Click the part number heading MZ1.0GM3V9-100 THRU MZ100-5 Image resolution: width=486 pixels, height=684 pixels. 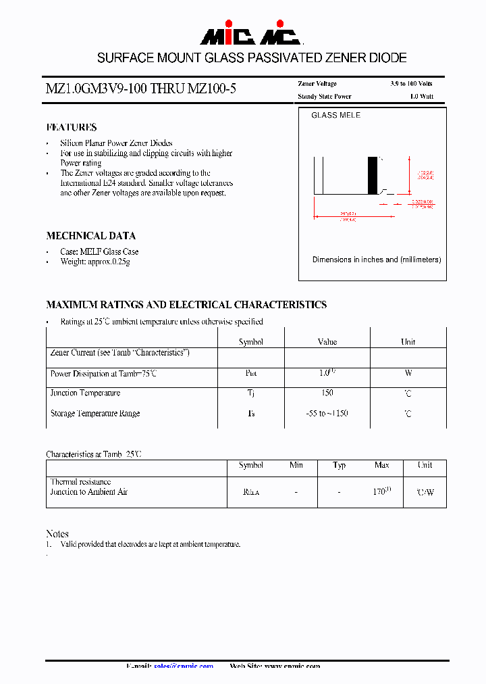pyautogui.click(x=141, y=89)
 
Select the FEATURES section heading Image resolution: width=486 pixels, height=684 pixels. pyautogui.click(x=72, y=127)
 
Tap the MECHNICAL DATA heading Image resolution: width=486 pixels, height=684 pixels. pyautogui.click(x=90, y=236)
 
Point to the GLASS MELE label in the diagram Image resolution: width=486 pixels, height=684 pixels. pyautogui.click(x=335, y=116)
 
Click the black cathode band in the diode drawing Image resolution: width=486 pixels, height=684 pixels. pyautogui.click(x=372, y=176)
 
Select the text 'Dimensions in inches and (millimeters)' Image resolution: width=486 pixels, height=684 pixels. pyautogui.click(x=376, y=260)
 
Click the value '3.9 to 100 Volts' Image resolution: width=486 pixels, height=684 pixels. pyautogui.click(x=411, y=84)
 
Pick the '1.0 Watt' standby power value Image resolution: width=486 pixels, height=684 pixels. pyautogui.click(x=421, y=97)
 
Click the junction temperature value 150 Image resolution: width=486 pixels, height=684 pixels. pyautogui.click(x=327, y=393)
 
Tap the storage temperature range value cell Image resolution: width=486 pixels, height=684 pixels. pyautogui.click(x=327, y=414)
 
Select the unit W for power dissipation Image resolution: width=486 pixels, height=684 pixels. pyautogui.click(x=408, y=373)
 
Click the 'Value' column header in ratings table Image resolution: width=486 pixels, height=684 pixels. pyautogui.click(x=327, y=342)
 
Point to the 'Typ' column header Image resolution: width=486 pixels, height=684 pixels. pyautogui.click(x=339, y=466)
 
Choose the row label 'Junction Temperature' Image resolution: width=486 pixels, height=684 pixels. pyautogui.click(x=85, y=393)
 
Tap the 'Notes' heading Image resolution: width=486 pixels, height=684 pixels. pyautogui.click(x=57, y=534)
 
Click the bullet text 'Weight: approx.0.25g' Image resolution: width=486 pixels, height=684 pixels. pyautogui.click(x=94, y=262)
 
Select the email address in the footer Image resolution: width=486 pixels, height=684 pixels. pyautogui.click(x=184, y=666)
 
